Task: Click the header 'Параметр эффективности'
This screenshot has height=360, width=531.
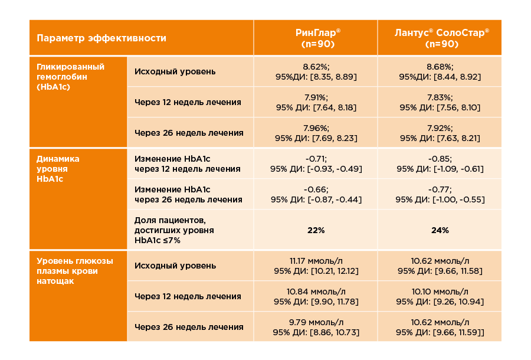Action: point(101,38)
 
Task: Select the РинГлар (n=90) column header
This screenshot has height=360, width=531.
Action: point(316,38)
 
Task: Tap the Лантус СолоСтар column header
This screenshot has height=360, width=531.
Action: point(440,38)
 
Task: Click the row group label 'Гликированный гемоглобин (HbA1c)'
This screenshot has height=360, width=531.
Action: point(71,76)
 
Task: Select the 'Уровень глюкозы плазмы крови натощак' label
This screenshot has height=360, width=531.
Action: point(75,271)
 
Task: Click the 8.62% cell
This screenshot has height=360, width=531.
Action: point(316,71)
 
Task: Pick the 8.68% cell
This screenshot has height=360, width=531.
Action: point(440,71)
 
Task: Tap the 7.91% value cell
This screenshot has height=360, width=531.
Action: point(316,102)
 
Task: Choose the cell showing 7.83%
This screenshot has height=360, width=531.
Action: point(440,102)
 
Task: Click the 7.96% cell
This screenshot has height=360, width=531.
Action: point(316,133)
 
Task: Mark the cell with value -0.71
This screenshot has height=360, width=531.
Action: point(316,163)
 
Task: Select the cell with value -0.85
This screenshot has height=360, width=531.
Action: point(440,163)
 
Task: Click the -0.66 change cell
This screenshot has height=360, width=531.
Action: point(316,194)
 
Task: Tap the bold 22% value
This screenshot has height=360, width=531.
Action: point(316,230)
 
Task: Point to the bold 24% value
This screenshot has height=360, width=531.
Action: point(440,230)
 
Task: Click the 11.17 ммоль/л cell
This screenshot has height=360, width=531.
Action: point(316,266)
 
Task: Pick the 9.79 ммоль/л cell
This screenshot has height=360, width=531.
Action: point(316,327)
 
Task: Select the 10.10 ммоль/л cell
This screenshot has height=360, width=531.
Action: point(440,296)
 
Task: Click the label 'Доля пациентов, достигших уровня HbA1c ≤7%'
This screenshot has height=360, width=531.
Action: point(174,230)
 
